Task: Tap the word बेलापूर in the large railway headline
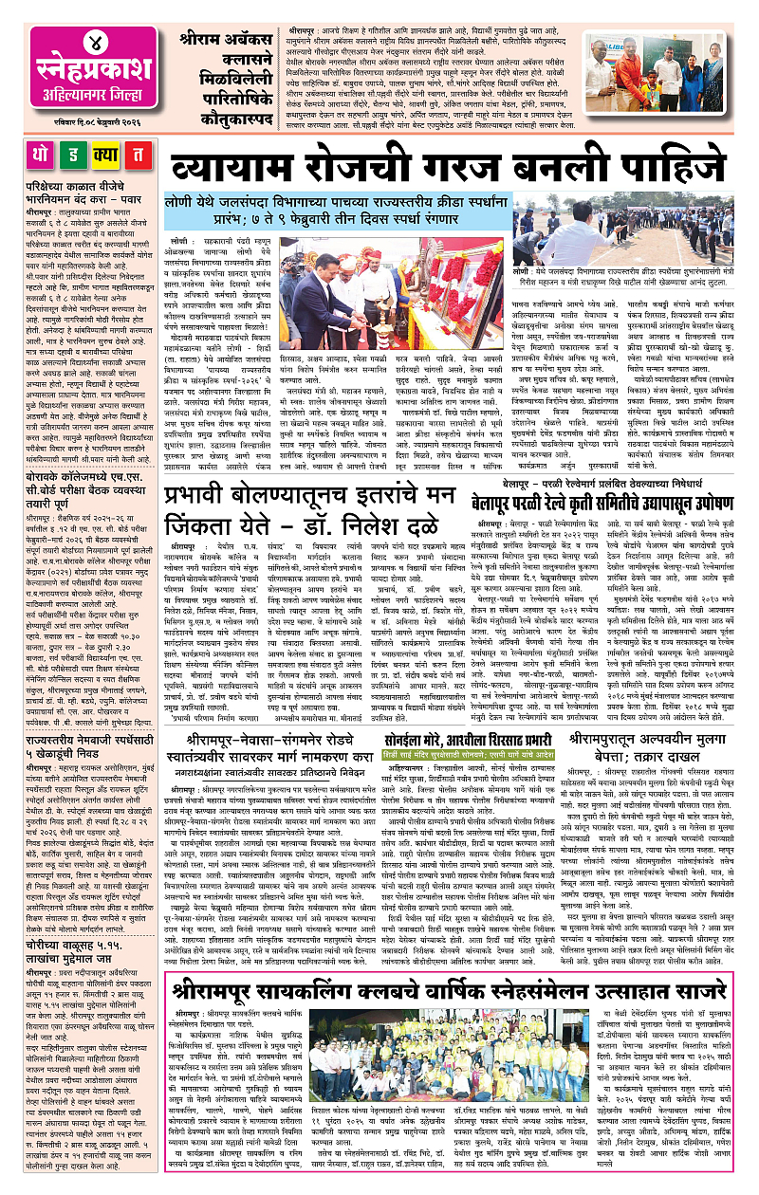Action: (x=507, y=493)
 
